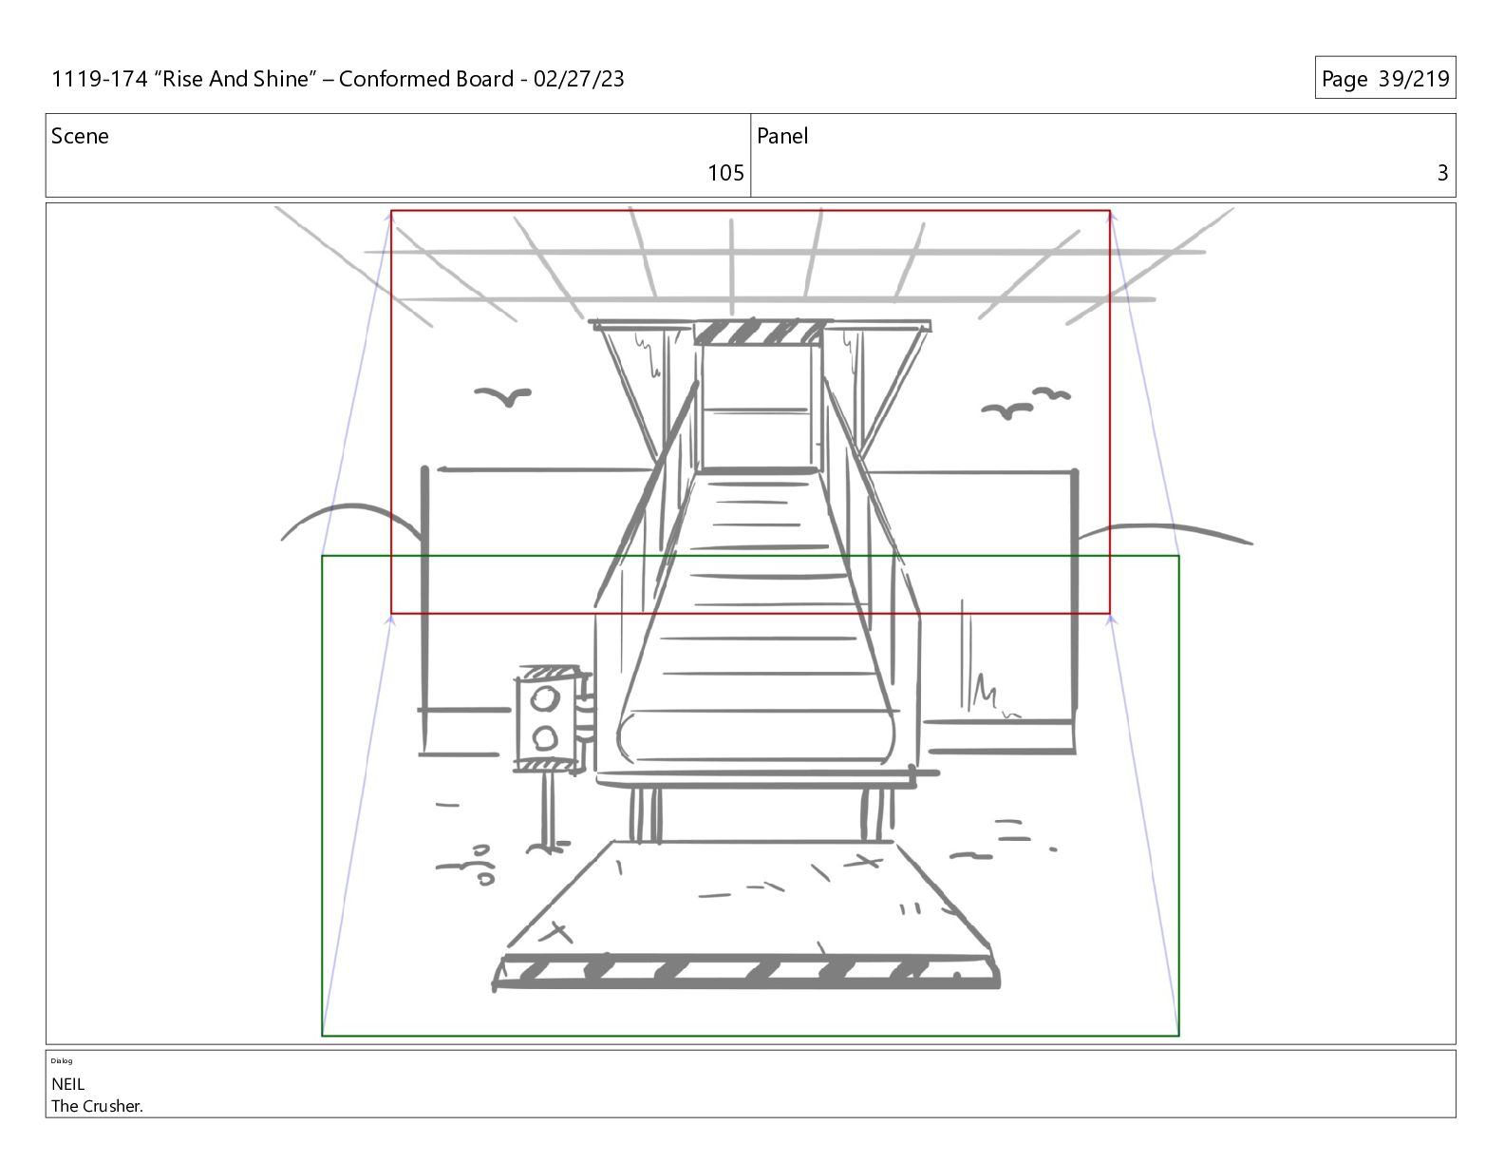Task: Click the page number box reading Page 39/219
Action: coord(1385,78)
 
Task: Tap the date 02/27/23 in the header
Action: coord(578,79)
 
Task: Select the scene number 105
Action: coord(725,173)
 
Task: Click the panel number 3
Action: coord(1442,173)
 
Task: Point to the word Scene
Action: coord(80,136)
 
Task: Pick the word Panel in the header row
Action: coord(782,136)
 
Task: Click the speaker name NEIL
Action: coord(67,1084)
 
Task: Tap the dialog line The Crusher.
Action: coord(97,1106)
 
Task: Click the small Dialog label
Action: coord(62,1060)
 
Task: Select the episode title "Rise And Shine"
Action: coord(235,79)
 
